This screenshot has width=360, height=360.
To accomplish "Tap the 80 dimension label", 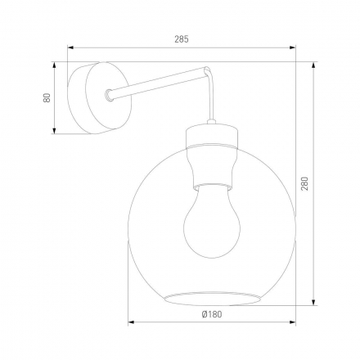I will pos(47,97).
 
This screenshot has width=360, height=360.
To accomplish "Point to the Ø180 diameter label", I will pos(212,314).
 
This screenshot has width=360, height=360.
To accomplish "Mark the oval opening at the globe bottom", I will pos(212,295).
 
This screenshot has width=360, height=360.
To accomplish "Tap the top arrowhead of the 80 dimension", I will pos(56,64).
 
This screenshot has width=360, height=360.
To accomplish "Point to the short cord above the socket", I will pos(212,110).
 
